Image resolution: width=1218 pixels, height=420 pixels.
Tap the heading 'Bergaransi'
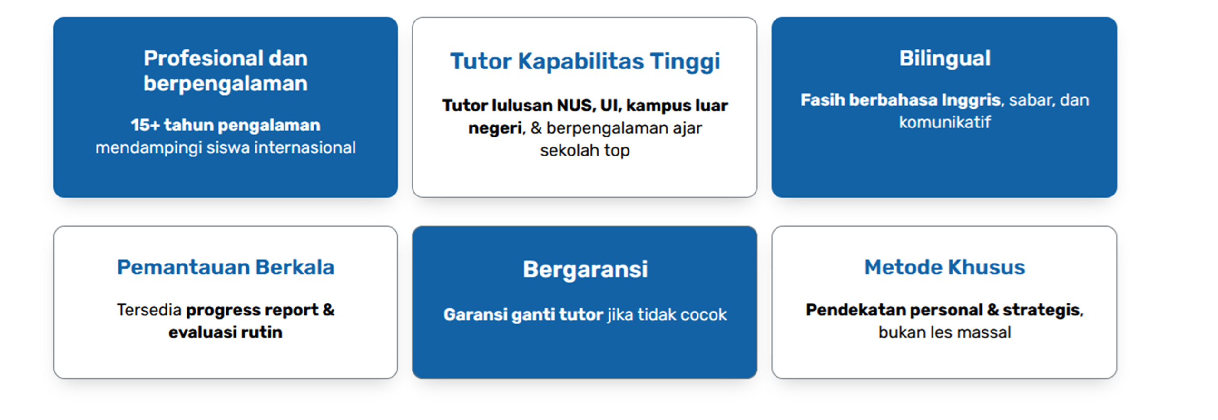(x=585, y=270)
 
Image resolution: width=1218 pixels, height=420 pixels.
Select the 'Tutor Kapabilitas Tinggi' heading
(x=585, y=62)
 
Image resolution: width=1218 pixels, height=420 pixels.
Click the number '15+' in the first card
(x=145, y=125)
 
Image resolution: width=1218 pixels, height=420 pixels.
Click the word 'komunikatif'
(x=944, y=122)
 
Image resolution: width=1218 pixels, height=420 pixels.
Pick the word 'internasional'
(x=305, y=147)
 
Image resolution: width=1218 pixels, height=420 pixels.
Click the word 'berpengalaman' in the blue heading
(x=226, y=84)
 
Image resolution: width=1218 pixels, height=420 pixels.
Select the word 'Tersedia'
(x=149, y=310)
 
